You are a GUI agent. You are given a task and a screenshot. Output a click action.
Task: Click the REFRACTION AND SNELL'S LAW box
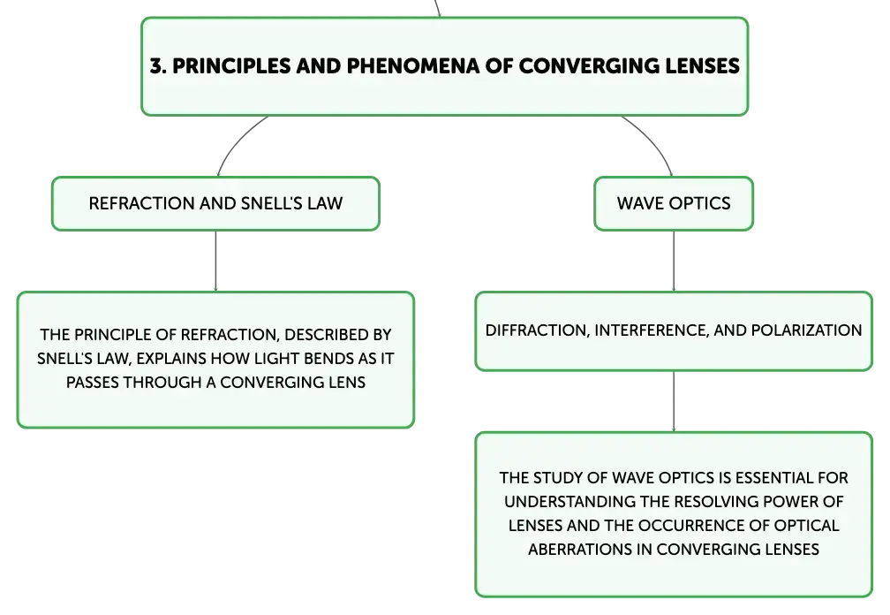pyautogui.click(x=215, y=203)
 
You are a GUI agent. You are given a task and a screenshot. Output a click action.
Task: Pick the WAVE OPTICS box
pyautogui.click(x=674, y=203)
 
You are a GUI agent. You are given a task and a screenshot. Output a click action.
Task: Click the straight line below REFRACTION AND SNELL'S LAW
pyautogui.click(x=215, y=262)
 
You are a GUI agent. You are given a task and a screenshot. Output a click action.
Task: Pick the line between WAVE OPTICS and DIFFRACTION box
pyautogui.click(x=674, y=262)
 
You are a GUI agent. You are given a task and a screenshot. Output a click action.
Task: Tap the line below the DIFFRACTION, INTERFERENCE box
pyautogui.click(x=674, y=401)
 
